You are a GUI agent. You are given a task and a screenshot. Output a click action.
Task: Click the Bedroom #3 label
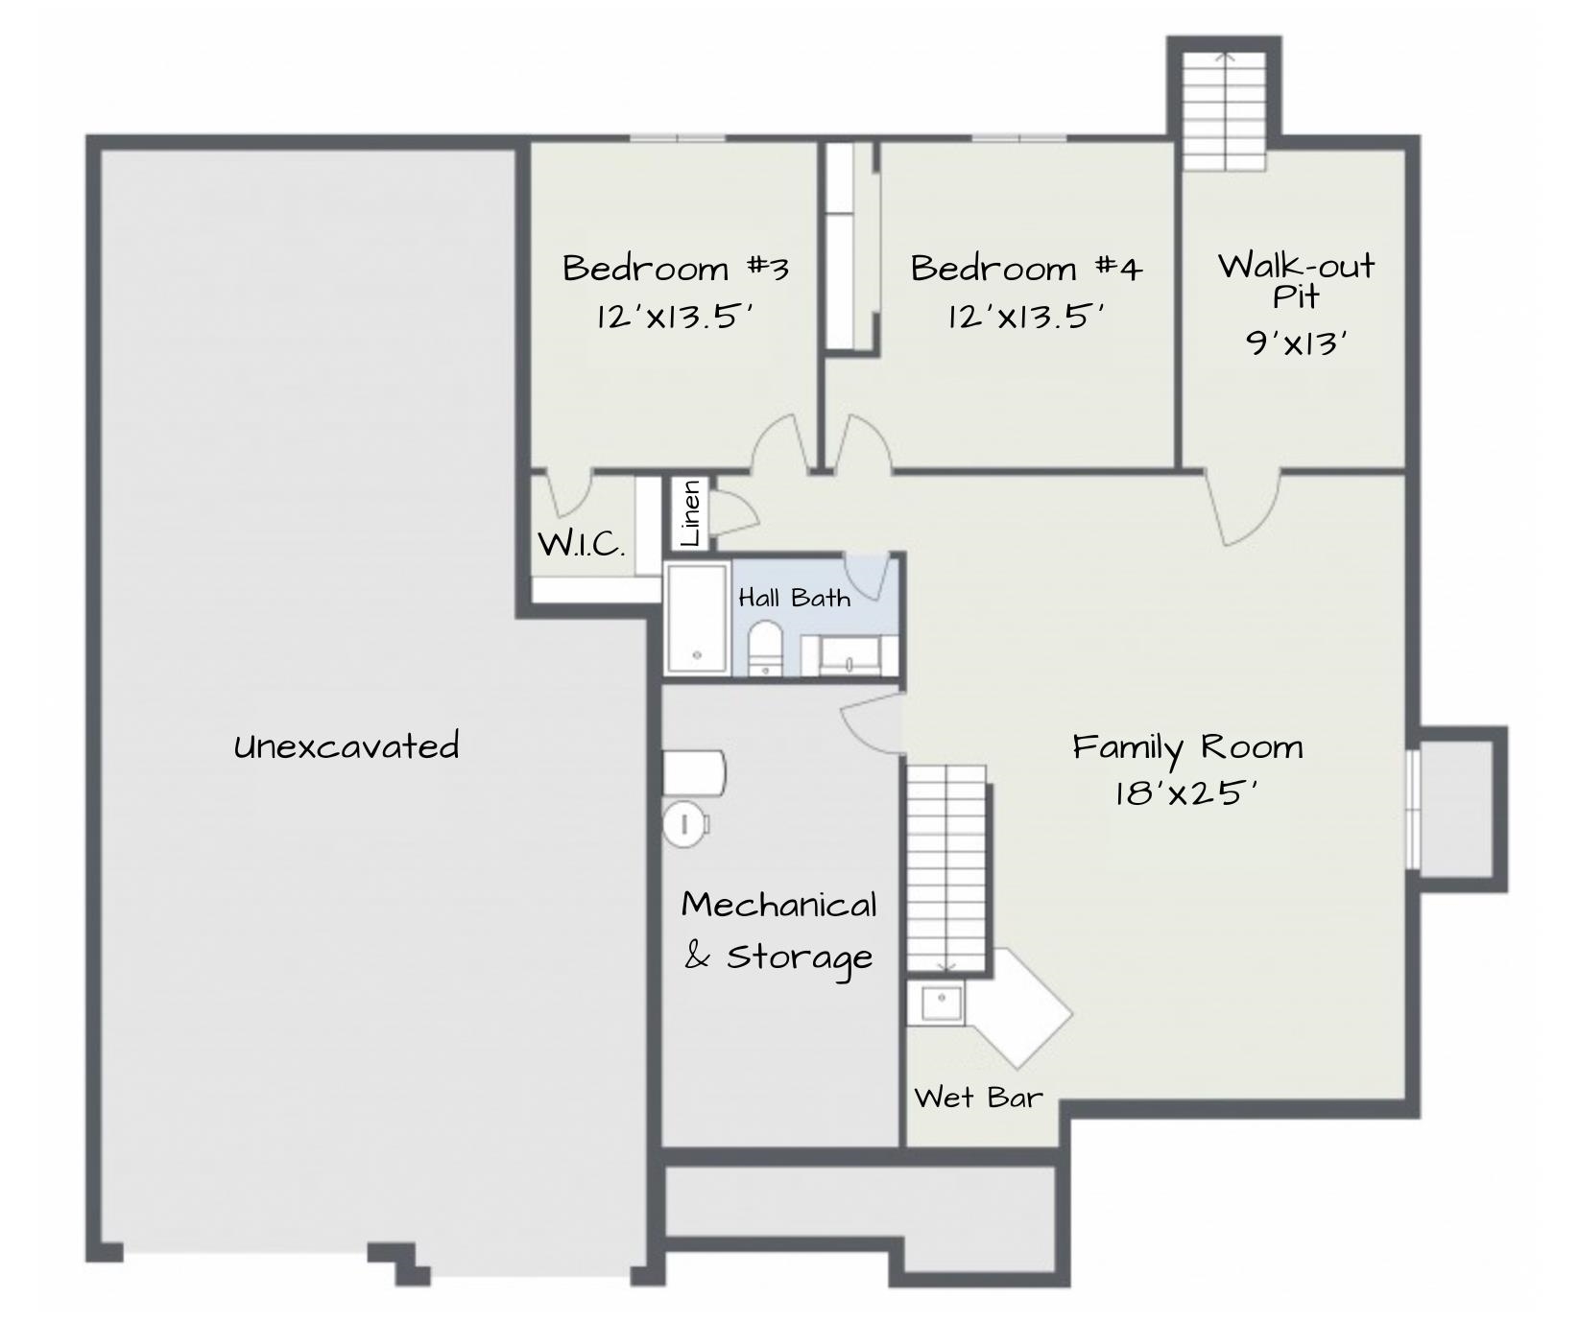tap(676, 268)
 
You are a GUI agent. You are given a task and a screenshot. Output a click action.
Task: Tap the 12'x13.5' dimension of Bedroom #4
tap(1026, 316)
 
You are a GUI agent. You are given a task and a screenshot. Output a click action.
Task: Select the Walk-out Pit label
tap(1296, 279)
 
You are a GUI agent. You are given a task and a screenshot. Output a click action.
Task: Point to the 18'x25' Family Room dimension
tap(1186, 793)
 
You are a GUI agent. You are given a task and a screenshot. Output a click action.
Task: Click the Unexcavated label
tap(347, 745)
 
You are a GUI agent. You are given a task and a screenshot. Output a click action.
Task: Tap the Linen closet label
tap(690, 514)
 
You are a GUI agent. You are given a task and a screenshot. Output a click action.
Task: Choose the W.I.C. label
tap(581, 545)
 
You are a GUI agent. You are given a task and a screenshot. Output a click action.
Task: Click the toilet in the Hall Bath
tap(765, 648)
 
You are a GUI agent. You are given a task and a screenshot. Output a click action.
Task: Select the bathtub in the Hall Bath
tap(697, 618)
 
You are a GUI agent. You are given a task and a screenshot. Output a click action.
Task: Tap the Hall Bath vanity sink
tap(849, 654)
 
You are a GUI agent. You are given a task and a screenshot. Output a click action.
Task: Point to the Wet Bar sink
tap(938, 1004)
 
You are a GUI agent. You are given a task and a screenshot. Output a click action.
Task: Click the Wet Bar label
tap(977, 1097)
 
